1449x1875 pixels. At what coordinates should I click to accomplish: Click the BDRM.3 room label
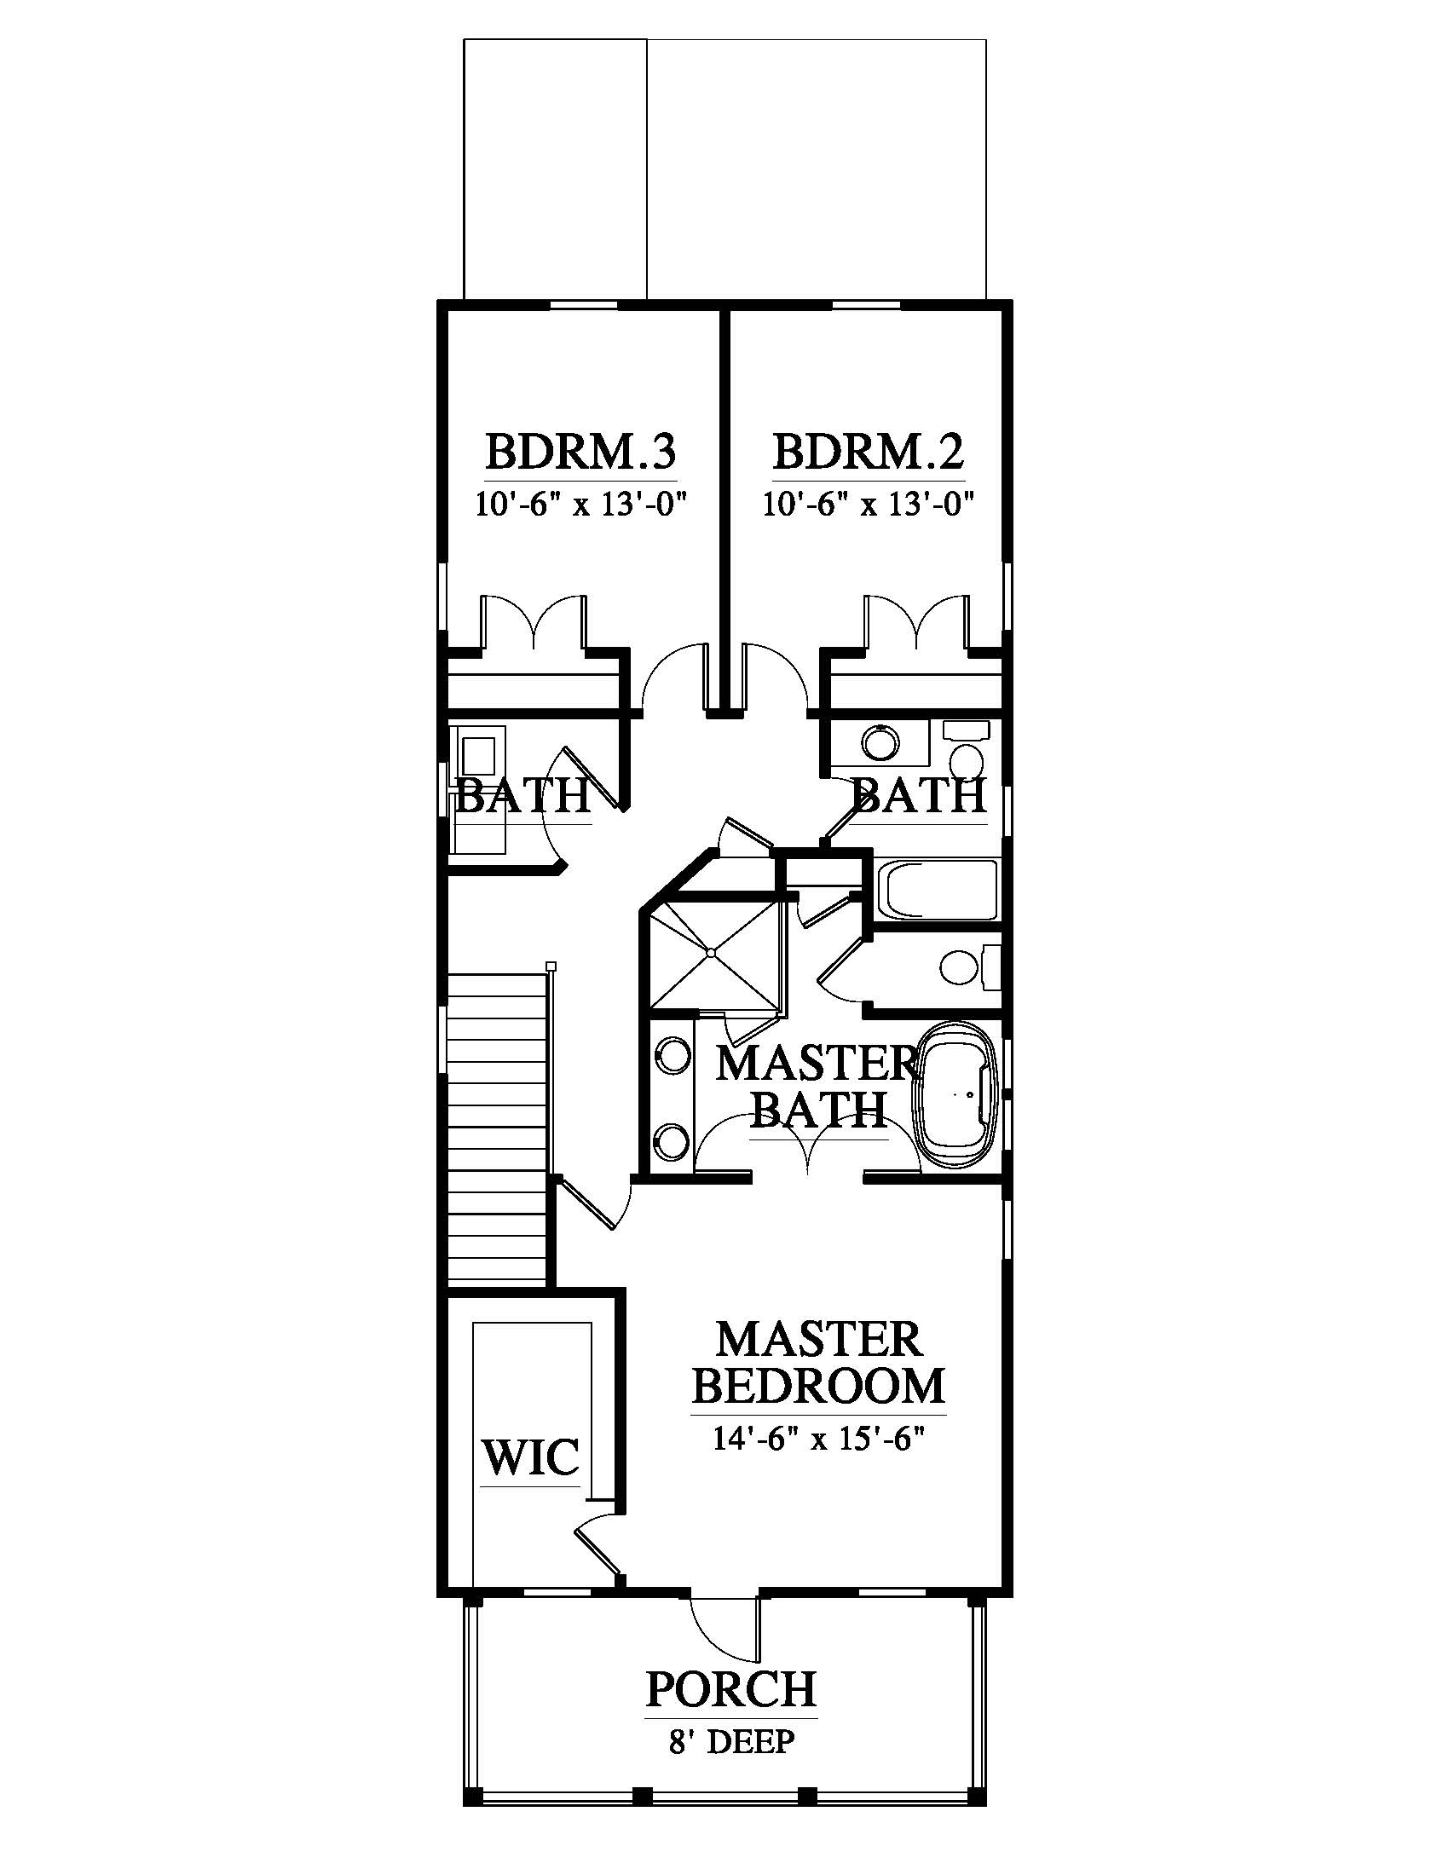581,453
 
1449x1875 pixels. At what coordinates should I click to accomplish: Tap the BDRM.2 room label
869,453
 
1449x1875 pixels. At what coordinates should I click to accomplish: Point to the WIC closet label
530,1457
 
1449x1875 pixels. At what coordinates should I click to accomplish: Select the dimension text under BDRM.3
583,504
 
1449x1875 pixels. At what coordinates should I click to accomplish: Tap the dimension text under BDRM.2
870,504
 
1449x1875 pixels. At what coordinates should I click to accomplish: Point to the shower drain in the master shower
711,952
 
